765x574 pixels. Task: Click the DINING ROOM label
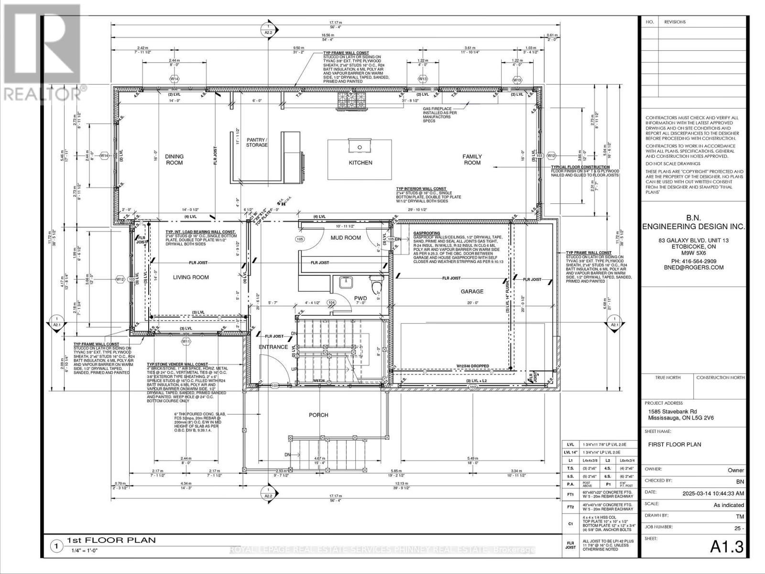(x=174, y=159)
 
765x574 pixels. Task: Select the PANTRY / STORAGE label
(x=257, y=142)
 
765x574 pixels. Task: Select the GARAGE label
(x=471, y=291)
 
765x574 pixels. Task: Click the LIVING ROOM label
(x=191, y=277)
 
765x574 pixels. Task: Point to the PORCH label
(x=318, y=415)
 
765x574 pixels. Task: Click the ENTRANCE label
(x=273, y=347)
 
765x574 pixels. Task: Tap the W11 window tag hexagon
(x=186, y=342)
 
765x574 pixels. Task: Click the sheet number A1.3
(x=728, y=547)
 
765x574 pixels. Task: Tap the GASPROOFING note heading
(x=426, y=234)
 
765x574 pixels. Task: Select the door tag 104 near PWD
(x=331, y=302)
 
